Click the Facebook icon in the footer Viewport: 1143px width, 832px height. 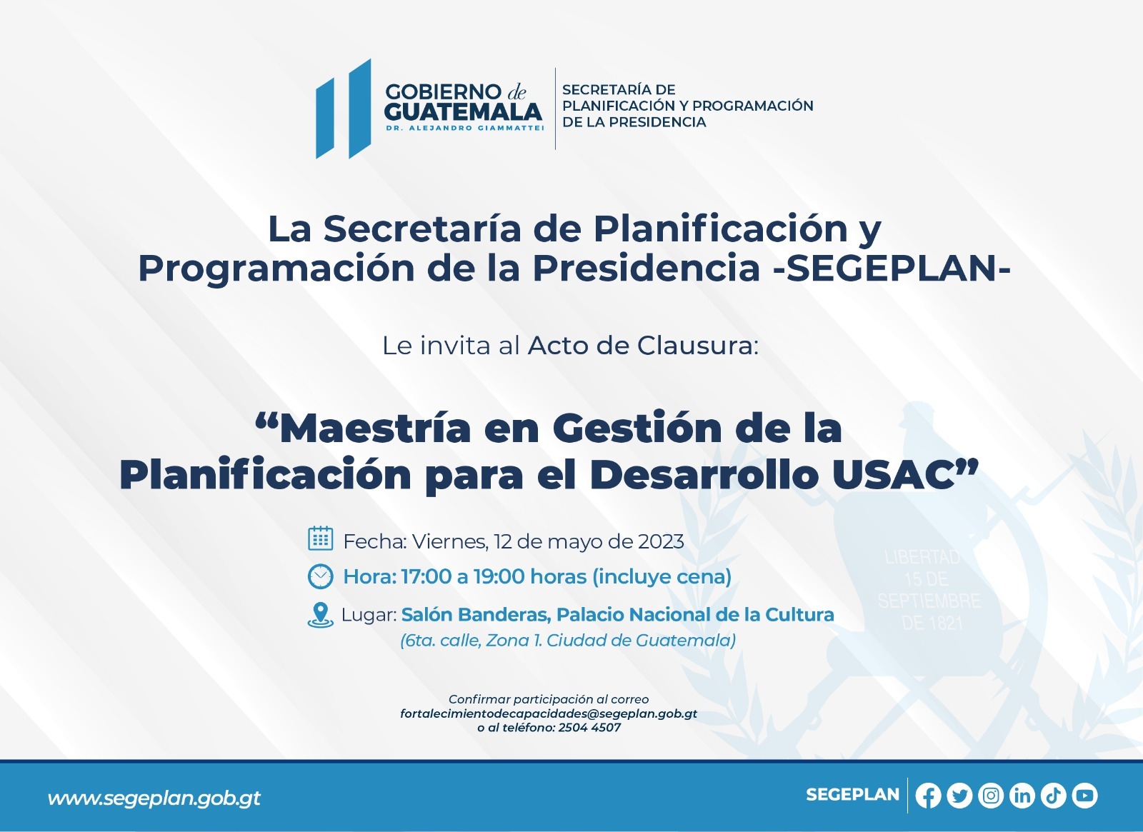tap(928, 796)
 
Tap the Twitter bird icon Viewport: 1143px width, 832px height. tap(959, 796)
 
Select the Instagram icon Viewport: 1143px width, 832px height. tap(991, 796)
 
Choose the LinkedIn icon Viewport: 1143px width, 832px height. tap(1022, 796)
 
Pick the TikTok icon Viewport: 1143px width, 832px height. tap(1053, 796)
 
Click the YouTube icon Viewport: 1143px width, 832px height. tap(1085, 796)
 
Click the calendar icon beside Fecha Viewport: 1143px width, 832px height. tap(321, 538)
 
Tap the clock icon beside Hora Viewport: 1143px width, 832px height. tap(321, 576)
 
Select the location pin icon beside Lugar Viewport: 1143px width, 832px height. tap(321, 615)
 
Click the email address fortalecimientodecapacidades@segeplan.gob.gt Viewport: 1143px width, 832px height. tap(549, 713)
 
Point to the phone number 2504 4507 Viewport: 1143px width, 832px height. tap(589, 728)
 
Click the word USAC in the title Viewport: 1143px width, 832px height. tap(893, 476)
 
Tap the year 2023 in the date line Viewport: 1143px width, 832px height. tap(661, 541)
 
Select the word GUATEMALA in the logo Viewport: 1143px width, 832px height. tap(464, 111)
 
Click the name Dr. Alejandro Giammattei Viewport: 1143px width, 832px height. tap(465, 128)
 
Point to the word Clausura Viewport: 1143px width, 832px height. tap(697, 346)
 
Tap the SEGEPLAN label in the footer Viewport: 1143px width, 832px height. tap(853, 795)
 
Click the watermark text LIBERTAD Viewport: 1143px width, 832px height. tap(922, 557)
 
